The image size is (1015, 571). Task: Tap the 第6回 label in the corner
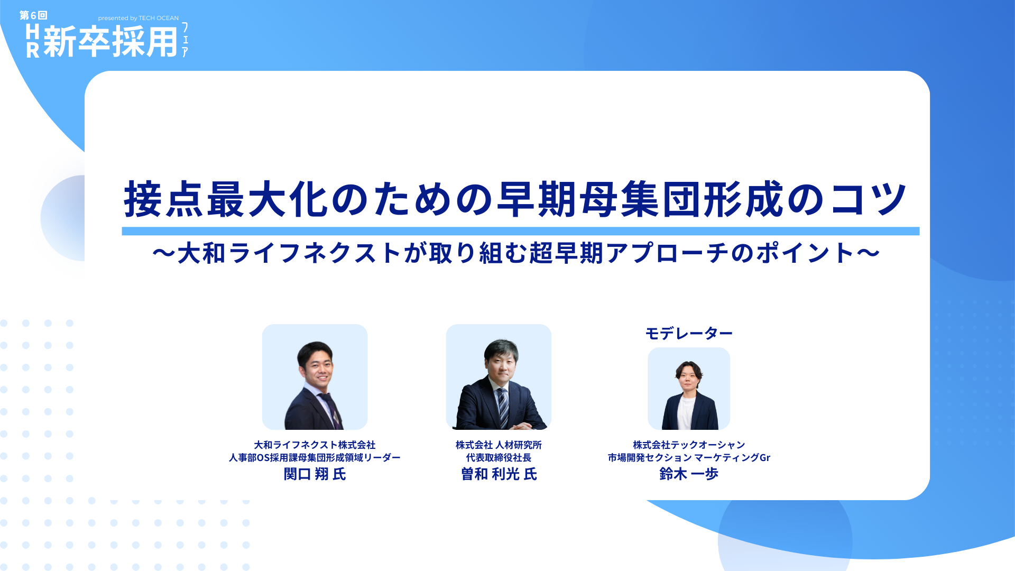33,15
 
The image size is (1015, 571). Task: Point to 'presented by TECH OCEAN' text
139,18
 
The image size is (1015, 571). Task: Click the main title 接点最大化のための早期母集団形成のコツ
515,200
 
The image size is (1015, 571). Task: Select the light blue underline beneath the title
520,231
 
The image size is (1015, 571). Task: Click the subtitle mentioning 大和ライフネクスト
515,253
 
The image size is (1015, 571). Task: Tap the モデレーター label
688,333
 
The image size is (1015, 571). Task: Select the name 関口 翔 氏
315,474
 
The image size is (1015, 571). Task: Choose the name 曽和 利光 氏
499,474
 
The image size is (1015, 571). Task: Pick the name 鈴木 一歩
688,474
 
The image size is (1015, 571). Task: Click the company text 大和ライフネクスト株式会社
315,445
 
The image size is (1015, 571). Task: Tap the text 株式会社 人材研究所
499,445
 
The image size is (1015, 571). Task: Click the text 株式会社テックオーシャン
688,445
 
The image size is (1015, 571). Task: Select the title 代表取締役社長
499,458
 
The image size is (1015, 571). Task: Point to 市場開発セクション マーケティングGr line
688,458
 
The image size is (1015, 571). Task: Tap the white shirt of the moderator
687,412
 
